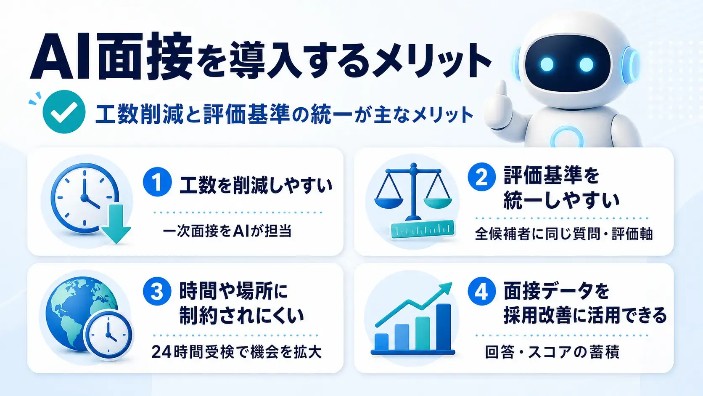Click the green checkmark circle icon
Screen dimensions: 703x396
point(64,112)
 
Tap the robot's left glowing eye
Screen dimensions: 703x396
point(547,64)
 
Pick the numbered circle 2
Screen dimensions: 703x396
point(482,177)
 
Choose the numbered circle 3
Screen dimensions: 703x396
point(157,291)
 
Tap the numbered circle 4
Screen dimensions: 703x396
point(482,291)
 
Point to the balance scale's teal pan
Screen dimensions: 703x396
point(438,202)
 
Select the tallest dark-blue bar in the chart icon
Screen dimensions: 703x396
point(444,327)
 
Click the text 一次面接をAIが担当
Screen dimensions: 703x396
point(227,231)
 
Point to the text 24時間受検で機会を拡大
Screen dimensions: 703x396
point(237,352)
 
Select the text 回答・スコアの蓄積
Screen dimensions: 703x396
point(552,352)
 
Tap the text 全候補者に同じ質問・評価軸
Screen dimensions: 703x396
point(564,234)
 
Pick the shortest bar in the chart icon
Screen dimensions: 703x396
point(382,342)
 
